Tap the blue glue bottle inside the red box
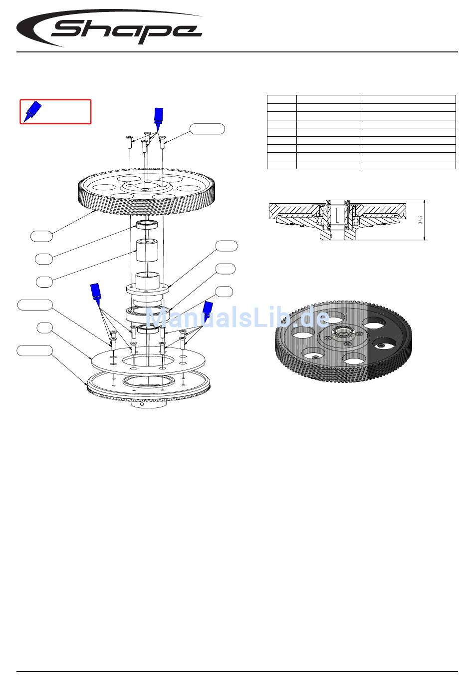[x=32, y=111]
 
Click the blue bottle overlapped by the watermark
[x=208, y=311]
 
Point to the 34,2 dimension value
[x=420, y=219]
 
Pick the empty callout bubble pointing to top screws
[x=207, y=129]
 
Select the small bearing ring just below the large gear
[x=147, y=225]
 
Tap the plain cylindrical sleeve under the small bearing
[x=147, y=250]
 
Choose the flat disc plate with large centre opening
[x=148, y=360]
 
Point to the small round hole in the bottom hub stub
[x=142, y=404]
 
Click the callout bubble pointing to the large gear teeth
[x=41, y=236]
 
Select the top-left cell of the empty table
[x=281, y=99]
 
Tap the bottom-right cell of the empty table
[x=408, y=165]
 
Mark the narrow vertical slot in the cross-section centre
[x=337, y=214]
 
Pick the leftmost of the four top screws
[x=128, y=142]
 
